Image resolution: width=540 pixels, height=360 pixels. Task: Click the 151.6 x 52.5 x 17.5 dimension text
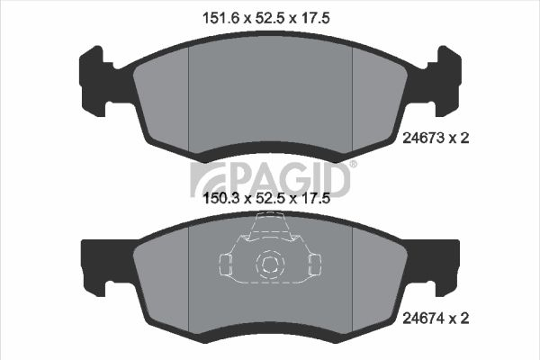point(266,18)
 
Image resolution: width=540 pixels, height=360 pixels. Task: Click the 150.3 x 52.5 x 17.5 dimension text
point(267,198)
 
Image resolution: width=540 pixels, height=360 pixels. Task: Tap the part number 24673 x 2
point(436,138)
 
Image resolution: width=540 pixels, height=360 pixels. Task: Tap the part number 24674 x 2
point(436,319)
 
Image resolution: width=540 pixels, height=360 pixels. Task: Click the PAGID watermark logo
point(270,179)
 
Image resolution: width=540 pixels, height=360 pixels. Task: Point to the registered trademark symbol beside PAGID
point(354,165)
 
